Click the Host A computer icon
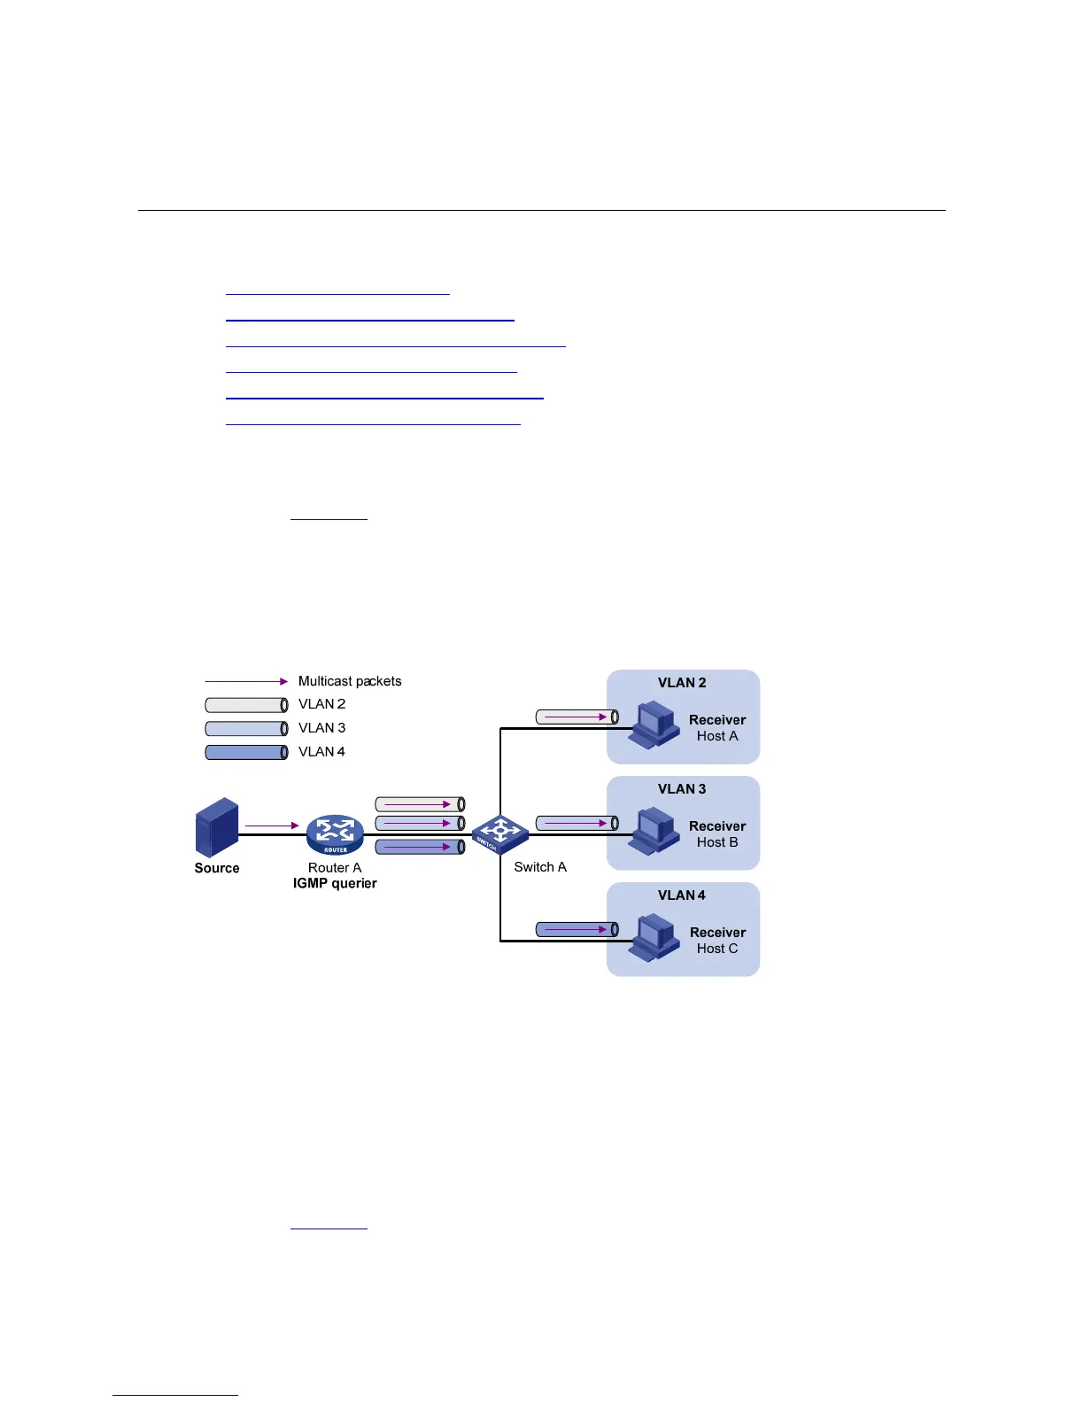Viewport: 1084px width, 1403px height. (x=654, y=725)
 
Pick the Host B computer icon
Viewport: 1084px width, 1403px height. (x=654, y=831)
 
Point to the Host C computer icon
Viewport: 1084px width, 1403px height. (x=654, y=937)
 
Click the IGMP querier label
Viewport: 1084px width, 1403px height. (x=335, y=884)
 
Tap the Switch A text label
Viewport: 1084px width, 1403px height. (x=540, y=867)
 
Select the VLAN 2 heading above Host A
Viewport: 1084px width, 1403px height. (x=682, y=683)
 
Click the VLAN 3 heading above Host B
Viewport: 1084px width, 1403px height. (x=682, y=789)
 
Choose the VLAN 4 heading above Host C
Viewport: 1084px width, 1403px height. (x=682, y=895)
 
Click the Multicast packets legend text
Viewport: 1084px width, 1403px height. (x=350, y=681)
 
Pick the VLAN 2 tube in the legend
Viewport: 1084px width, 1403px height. (x=246, y=705)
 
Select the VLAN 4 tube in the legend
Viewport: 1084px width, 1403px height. (x=246, y=752)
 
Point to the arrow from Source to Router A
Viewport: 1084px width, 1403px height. (x=271, y=826)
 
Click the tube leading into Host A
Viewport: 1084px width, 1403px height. (x=577, y=717)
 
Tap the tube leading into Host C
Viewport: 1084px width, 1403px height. (x=577, y=929)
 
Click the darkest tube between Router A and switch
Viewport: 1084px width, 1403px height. (x=420, y=847)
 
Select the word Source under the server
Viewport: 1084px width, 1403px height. (x=217, y=868)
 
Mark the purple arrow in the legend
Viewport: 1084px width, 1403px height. (x=246, y=681)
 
